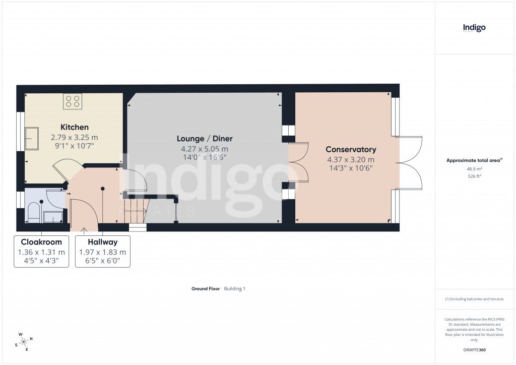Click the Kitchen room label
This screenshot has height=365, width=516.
(75, 127)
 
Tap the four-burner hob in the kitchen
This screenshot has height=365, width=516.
(73, 101)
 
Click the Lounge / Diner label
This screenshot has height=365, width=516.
(205, 139)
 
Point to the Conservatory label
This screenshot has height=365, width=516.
(351, 149)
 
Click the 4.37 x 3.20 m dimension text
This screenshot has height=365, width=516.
(351, 159)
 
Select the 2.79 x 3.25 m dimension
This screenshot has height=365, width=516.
(75, 137)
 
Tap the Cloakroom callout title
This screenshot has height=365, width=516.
(41, 242)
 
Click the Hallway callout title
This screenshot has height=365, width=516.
(102, 242)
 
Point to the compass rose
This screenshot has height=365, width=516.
(24, 341)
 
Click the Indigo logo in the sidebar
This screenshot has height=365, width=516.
(474, 28)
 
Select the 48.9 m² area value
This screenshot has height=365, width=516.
(474, 169)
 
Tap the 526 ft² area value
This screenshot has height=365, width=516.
(474, 176)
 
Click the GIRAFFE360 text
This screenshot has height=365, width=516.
(474, 349)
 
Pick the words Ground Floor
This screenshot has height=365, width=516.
(206, 289)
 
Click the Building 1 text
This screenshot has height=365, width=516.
(234, 289)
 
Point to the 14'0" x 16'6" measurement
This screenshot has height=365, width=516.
(205, 157)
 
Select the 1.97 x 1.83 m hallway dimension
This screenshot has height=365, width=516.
(102, 252)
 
